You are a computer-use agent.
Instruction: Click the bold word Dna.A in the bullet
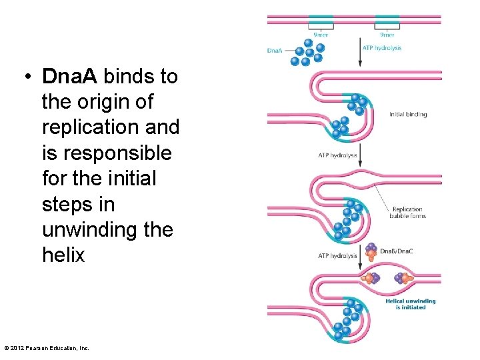(69, 77)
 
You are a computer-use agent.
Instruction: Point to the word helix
(63, 255)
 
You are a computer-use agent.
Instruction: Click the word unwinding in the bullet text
(91, 230)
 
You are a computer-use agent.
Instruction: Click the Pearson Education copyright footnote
(47, 347)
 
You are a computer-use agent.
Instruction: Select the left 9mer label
(321, 35)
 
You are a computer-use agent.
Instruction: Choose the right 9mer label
(387, 35)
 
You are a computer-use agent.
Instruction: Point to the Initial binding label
(408, 115)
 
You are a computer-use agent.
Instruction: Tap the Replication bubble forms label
(409, 213)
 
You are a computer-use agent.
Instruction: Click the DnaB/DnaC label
(395, 251)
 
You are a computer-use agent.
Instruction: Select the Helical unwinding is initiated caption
(410, 304)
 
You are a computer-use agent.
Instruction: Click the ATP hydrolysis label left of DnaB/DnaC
(337, 255)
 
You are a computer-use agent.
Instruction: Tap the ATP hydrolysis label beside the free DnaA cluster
(382, 48)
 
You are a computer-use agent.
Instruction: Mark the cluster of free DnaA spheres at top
(307, 52)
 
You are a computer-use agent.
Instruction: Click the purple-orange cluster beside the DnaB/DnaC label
(371, 251)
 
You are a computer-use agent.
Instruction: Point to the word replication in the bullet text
(110, 128)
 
